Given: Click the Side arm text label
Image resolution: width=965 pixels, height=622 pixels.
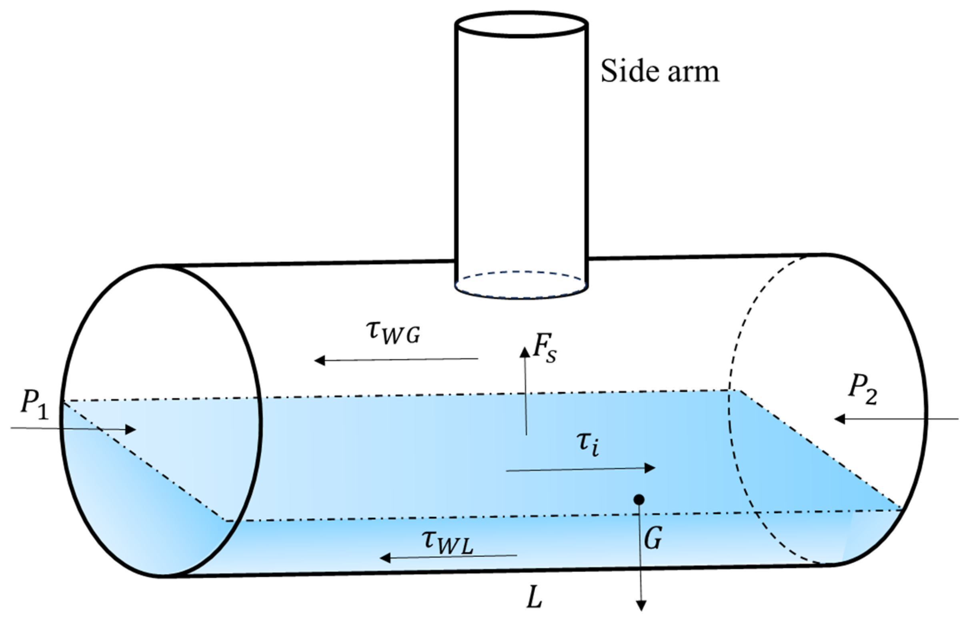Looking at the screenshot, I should point(660,72).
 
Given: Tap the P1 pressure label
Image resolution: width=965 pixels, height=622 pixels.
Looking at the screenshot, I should point(35,405).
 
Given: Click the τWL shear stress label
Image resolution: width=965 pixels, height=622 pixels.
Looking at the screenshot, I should point(446,542).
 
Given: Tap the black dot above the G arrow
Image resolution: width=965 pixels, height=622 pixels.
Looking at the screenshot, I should point(639,500).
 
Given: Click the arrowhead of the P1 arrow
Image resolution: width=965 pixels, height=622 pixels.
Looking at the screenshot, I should point(131,429).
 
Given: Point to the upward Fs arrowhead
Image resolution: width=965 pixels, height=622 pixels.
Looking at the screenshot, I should point(525,352).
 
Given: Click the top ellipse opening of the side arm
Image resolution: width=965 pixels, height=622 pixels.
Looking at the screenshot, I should point(521,24).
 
